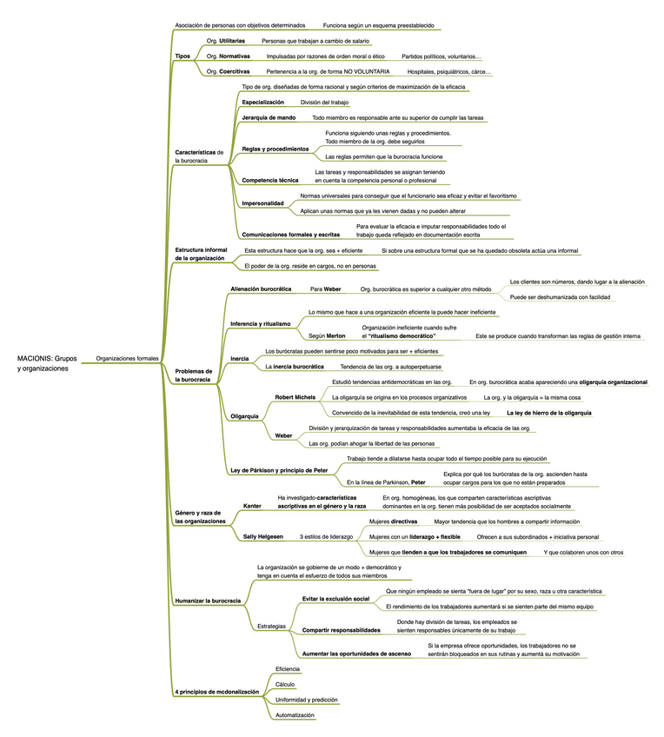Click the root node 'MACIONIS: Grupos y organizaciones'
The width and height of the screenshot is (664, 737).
(47, 363)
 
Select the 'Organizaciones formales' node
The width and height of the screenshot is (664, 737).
(127, 359)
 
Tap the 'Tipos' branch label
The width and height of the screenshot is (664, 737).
(183, 56)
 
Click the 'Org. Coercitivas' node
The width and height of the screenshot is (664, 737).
(228, 72)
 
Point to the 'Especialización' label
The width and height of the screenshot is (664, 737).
(262, 103)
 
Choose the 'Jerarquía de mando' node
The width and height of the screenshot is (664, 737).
(269, 118)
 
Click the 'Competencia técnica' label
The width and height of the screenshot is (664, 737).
(269, 181)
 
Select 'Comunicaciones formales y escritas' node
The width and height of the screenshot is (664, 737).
(290, 235)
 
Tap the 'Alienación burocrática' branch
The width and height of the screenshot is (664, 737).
(261, 289)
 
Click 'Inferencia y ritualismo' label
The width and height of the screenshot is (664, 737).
(261, 324)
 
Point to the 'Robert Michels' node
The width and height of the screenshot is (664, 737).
(295, 398)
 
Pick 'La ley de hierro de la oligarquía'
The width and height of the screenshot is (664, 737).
(549, 413)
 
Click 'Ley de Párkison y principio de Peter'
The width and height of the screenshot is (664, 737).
(279, 470)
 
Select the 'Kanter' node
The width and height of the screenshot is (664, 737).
(252, 506)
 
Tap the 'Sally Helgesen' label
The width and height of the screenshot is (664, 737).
(262, 537)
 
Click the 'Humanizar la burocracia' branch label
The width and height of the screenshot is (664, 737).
(208, 601)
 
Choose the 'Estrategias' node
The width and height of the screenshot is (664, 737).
(271, 627)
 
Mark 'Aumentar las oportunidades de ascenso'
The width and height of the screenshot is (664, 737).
(356, 654)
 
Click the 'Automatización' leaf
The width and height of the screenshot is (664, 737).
(295, 715)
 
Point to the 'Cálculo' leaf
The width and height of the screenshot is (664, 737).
(285, 685)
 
